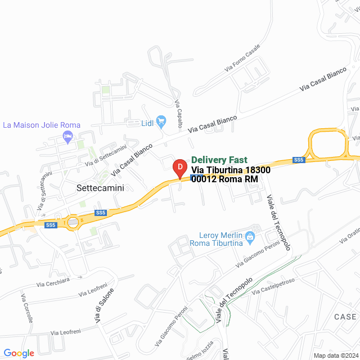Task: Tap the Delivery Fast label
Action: pyautogui.click(x=219, y=160)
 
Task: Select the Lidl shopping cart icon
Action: pyautogui.click(x=161, y=120)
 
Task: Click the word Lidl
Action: pyautogui.click(x=147, y=122)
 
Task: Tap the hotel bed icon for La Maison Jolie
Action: pyautogui.click(x=68, y=136)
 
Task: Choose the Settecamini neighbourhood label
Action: pyautogui.click(x=100, y=189)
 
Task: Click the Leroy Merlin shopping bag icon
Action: pyautogui.click(x=252, y=235)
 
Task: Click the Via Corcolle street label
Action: pyautogui.click(x=27, y=308)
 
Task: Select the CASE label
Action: pyautogui.click(x=345, y=317)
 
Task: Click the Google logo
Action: pyautogui.click(x=19, y=353)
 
